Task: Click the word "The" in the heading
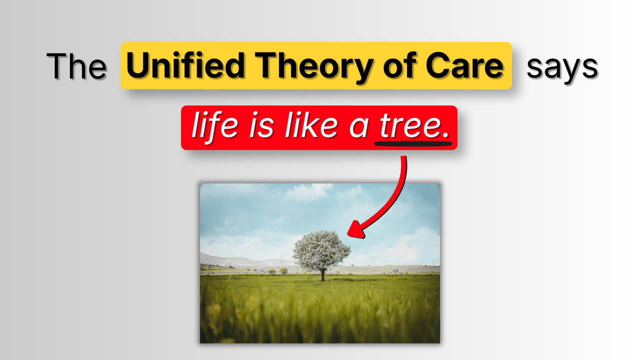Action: pos(76,66)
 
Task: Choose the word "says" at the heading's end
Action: pos(562,67)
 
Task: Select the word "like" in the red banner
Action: pos(311,127)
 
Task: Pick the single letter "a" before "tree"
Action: pos(358,128)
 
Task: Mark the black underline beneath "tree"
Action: pos(413,144)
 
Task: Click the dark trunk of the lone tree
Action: pos(322,275)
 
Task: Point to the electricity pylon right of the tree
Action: pos(373,260)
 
